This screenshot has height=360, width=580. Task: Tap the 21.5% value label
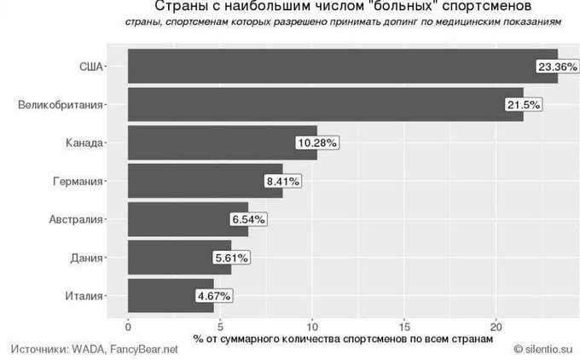pyautogui.click(x=523, y=104)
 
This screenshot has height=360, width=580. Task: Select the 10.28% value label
pyautogui.click(x=316, y=142)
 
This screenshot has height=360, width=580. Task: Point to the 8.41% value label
pyautogui.click(x=282, y=181)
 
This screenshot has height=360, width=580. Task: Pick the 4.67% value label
pyautogui.click(x=213, y=296)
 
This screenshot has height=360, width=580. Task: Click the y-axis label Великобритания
pyautogui.click(x=60, y=104)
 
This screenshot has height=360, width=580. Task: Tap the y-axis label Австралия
pyautogui.click(x=76, y=219)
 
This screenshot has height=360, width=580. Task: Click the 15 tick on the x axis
pyautogui.click(x=404, y=326)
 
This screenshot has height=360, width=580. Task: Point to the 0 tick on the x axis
pyautogui.click(x=128, y=326)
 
